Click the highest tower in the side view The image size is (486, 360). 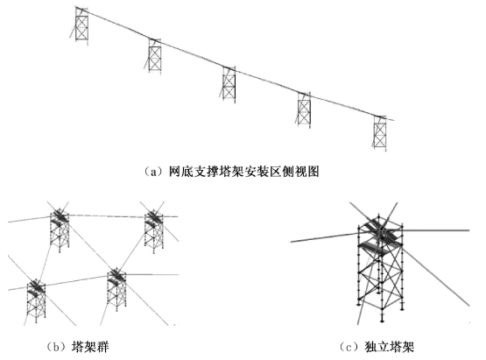click(81, 26)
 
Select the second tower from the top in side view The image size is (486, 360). click(155, 56)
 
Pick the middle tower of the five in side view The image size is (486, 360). click(229, 84)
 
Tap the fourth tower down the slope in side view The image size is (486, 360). click(304, 109)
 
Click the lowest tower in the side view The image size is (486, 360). click(380, 133)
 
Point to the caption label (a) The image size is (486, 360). click(151, 172)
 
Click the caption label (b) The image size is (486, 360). click(56, 346)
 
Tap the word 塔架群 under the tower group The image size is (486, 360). click(90, 346)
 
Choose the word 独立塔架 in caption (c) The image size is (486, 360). click(390, 346)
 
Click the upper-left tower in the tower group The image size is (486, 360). click(60, 229)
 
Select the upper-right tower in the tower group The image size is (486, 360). click(154, 231)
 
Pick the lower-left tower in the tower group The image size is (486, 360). click(36, 300)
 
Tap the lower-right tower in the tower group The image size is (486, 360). click(116, 289)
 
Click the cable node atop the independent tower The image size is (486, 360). click(381, 231)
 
